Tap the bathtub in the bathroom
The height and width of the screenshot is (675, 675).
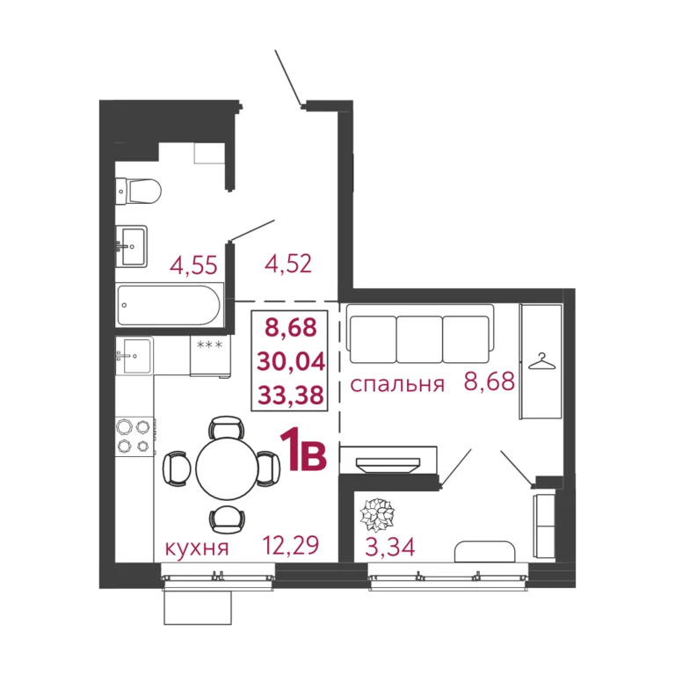click(x=170, y=304)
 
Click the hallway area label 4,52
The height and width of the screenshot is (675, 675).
click(x=287, y=263)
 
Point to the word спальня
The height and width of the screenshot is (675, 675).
click(x=396, y=384)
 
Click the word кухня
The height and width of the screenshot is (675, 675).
click(x=197, y=549)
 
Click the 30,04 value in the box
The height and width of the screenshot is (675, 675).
click(x=294, y=360)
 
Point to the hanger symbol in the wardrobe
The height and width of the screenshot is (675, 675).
click(x=541, y=359)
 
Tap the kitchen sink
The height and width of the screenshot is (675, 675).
click(x=134, y=356)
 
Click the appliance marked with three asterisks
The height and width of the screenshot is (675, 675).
click(x=210, y=355)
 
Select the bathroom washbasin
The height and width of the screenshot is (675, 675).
click(x=133, y=246)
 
